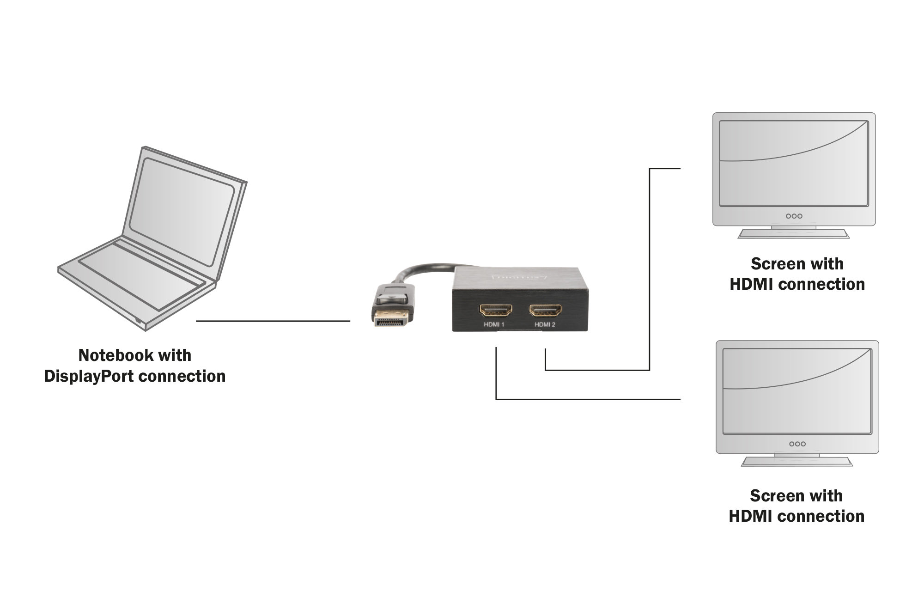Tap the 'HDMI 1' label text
[x=494, y=325]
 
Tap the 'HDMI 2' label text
[x=545, y=325]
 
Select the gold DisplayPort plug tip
[x=391, y=318]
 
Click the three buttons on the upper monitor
[x=794, y=216]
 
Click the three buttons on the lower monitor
[x=797, y=444]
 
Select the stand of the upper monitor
[x=793, y=232]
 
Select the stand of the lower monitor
[x=796, y=460]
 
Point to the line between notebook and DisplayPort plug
[x=273, y=321]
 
